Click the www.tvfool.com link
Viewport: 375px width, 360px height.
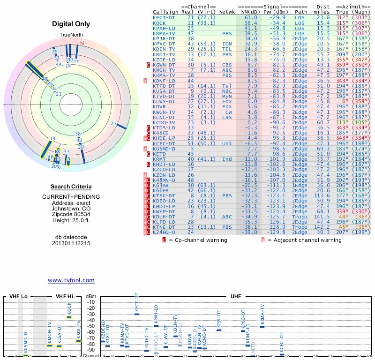tap(71, 280)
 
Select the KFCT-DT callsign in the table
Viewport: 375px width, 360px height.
tap(164, 17)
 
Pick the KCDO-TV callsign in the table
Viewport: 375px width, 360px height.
tap(164, 122)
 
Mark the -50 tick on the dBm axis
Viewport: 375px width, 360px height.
tap(90, 326)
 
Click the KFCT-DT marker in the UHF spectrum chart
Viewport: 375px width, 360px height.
tap(137, 314)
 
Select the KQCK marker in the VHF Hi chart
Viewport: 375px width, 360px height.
tap(69, 317)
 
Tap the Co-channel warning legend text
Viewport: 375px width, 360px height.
tap(198, 240)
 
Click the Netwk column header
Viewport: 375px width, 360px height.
tap(227, 12)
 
